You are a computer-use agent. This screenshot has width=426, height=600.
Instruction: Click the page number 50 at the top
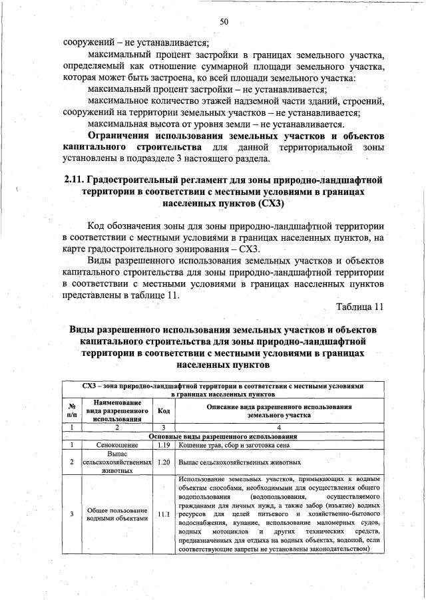point(224,22)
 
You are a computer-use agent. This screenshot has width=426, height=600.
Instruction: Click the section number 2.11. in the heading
point(75,179)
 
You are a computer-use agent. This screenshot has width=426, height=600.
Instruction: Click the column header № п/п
point(71,410)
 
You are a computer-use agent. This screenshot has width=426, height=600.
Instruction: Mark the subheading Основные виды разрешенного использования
point(224,436)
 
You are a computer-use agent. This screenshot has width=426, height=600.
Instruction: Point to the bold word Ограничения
point(124,136)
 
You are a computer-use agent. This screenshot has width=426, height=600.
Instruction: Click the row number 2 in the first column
point(71,461)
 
